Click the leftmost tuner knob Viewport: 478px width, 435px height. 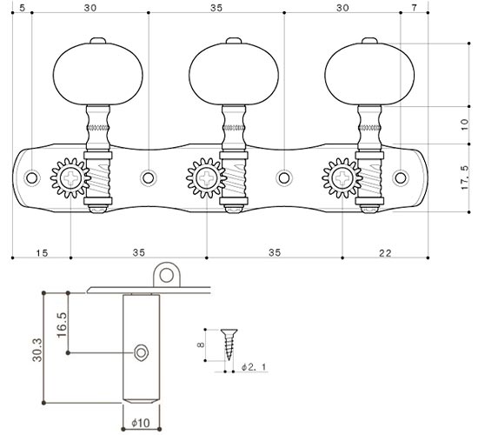coord(98,74)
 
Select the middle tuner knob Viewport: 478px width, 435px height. coord(234,74)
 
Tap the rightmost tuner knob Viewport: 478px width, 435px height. coord(369,74)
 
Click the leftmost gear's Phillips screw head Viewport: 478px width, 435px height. coord(71,177)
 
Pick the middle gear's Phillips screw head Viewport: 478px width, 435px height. coord(207,177)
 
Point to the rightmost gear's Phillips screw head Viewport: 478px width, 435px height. coord(342,177)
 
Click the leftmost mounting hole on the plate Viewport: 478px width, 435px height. coord(31,177)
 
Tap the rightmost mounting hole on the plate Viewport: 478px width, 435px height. coord(401,177)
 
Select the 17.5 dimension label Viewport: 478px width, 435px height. coord(464,177)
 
